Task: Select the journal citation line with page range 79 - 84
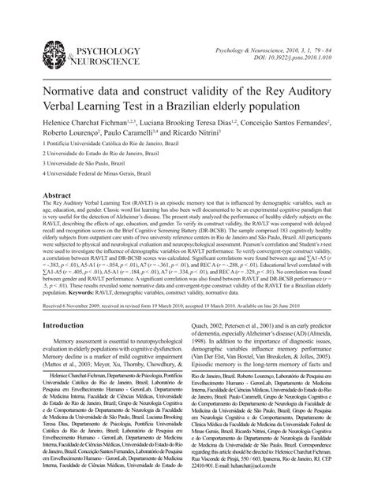290,50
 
